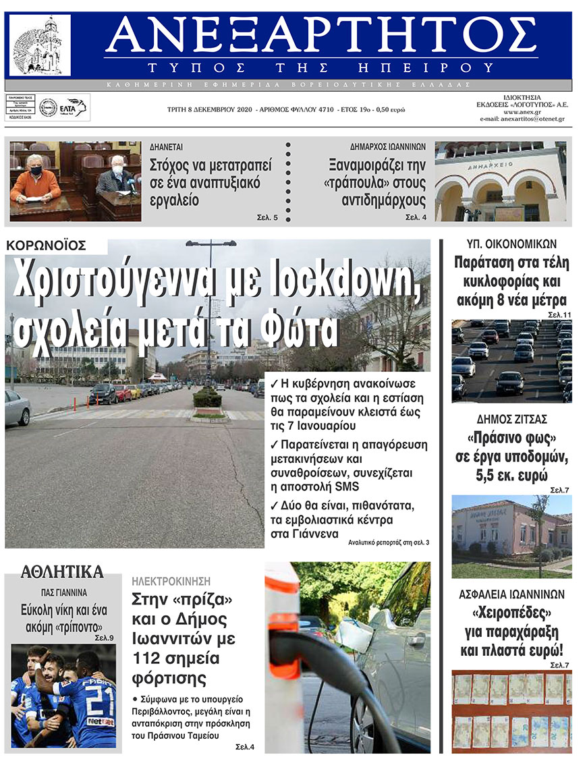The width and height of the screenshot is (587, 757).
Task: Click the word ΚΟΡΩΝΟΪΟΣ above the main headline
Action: [x=47, y=246]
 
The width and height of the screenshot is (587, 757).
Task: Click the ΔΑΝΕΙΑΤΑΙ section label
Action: [x=167, y=146]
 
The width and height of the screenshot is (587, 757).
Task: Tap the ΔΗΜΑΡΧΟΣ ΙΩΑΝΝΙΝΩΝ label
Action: [x=387, y=146]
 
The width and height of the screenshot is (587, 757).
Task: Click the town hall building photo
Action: [x=500, y=181]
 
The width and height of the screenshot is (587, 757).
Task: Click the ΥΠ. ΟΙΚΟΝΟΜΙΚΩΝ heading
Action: [x=511, y=244]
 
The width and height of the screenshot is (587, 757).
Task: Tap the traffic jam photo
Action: [x=511, y=361]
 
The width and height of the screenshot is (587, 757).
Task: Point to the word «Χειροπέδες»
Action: [x=511, y=615]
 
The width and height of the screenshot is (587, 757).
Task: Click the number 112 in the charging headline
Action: [x=148, y=657]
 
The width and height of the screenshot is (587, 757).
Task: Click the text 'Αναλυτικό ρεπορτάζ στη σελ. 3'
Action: [x=389, y=542]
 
